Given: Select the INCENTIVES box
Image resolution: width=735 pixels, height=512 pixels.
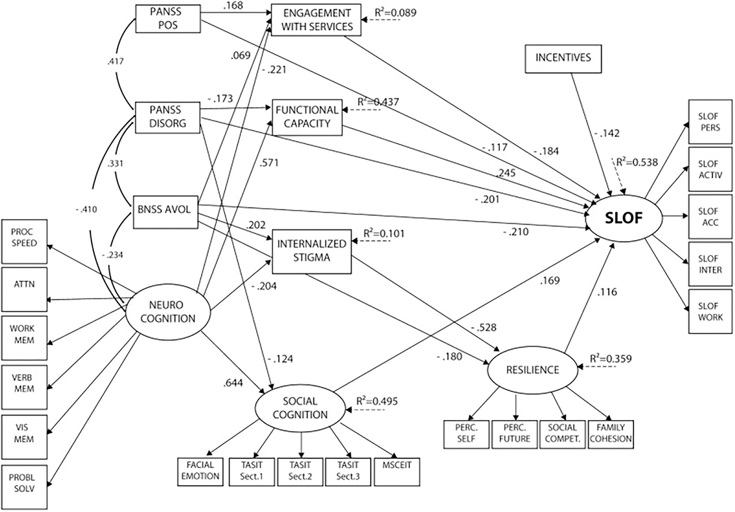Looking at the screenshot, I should coord(563,58).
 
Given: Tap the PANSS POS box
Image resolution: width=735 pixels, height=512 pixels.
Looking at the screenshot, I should coord(168,19).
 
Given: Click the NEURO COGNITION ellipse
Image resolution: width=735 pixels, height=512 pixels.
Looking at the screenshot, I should coord(168,312).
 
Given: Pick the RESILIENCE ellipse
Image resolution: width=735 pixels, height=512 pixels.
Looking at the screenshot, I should coord(532,370).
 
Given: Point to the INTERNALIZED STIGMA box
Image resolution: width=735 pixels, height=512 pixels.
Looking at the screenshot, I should coord(312,251).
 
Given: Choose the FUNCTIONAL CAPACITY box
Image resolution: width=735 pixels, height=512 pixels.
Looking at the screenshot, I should coord(307,117).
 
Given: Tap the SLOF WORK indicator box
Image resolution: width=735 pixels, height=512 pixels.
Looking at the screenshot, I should coord(710,312).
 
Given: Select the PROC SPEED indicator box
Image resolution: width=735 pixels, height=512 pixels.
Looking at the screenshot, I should coord(24,241).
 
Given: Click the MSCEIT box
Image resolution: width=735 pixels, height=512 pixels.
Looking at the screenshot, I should coord(397,471).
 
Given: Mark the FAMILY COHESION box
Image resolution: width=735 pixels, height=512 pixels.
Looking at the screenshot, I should coord(611,433).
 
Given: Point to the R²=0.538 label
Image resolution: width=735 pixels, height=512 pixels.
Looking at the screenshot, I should coord(637,162).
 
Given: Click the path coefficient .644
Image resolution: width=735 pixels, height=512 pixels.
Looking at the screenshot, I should coord(233,383).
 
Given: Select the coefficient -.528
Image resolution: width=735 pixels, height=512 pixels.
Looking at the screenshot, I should coord(484,328).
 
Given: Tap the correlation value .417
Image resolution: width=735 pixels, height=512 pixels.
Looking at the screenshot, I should coord(115,61).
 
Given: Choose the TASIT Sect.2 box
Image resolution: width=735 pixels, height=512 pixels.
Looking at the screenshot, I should coord(300,471).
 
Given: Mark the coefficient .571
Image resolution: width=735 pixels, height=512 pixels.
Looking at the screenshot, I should coord(269,163).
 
